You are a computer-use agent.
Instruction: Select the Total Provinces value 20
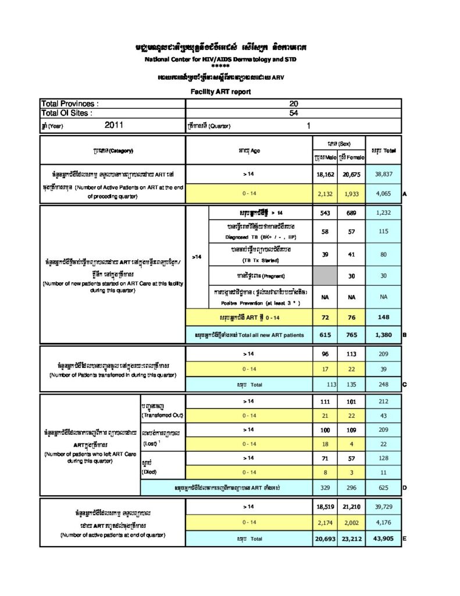pyautogui.click(x=293, y=104)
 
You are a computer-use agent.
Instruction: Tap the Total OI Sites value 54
pyautogui.click(x=293, y=113)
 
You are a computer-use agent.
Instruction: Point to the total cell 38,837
pyautogui.click(x=383, y=174)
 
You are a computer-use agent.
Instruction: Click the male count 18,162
pyautogui.click(x=325, y=174)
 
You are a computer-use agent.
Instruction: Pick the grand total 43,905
pyautogui.click(x=383, y=539)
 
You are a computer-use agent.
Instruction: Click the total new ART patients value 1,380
pyautogui.click(x=383, y=335)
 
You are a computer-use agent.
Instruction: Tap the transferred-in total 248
pyautogui.click(x=383, y=385)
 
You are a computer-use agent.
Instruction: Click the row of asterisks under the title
pyautogui.click(x=220, y=66)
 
